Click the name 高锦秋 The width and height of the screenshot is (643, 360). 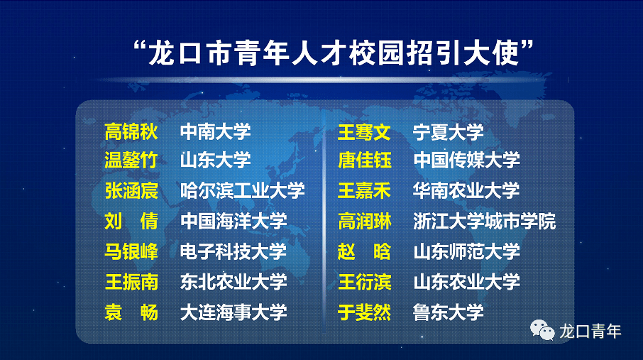tap(131, 132)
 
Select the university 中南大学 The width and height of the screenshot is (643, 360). tap(215, 132)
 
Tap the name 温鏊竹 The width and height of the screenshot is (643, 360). tap(131, 160)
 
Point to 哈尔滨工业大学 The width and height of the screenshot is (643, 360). tap(242, 190)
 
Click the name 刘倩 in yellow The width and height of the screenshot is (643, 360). tap(131, 222)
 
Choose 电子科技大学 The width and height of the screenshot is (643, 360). tap(233, 251)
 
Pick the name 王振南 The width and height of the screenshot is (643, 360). tap(131, 282)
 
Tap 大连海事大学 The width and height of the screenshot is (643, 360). tap(233, 312)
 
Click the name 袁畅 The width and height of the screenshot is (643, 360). tap(131, 312)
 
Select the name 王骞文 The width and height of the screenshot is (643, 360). tap(364, 132)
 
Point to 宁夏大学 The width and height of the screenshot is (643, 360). tap(449, 132)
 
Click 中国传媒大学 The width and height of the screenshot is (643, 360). tap(466, 160)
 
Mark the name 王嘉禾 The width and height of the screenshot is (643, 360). tap(364, 191)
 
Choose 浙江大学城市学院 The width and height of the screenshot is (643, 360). tap(484, 222)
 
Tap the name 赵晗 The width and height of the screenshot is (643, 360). tap(364, 251)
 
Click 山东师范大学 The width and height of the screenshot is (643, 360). tap(466, 251)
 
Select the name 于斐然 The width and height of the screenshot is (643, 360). tap(364, 312)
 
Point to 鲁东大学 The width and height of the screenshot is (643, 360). tap(449, 312)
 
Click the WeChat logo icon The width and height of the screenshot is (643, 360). tap(542, 330)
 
